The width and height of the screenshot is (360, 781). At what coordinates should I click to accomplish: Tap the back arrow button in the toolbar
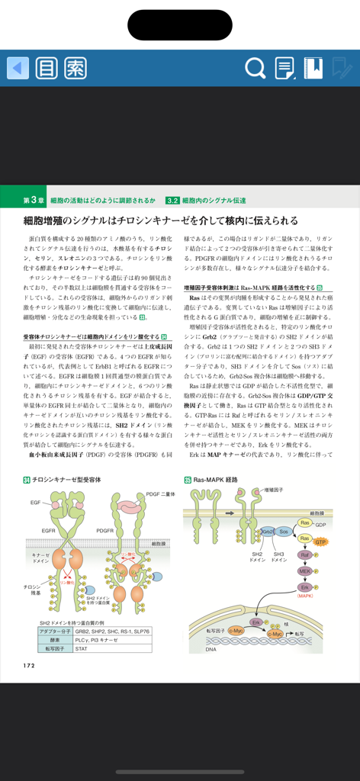coord(18,68)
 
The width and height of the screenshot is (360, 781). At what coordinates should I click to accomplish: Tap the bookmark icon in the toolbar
coord(313,68)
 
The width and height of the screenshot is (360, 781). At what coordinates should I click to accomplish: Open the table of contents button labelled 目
coord(47,68)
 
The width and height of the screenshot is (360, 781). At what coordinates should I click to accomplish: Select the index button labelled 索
coord(74,68)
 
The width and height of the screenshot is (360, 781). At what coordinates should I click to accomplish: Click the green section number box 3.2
coord(172,200)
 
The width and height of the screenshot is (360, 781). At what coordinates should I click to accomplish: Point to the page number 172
coord(29,665)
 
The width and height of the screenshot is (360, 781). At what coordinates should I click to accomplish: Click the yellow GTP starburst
coord(320,542)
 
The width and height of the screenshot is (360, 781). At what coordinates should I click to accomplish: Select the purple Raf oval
coord(304,555)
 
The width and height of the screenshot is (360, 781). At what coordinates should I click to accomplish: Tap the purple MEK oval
coord(304,571)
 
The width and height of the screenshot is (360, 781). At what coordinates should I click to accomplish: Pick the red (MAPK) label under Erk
coord(305,596)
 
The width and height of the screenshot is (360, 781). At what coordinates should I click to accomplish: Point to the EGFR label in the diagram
coord(49,530)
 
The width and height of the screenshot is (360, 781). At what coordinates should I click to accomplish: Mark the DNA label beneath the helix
coord(211,649)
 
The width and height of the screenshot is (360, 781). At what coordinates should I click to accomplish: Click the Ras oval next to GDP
coord(304,523)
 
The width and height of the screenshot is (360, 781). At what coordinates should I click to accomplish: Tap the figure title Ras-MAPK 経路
coord(216,480)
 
